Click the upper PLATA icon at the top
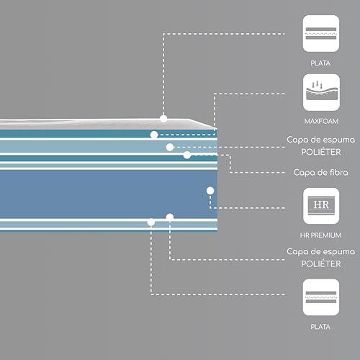tap(321, 33)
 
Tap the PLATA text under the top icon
tap(320, 63)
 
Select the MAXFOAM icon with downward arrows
tap(321, 92)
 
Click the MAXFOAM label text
tap(321, 121)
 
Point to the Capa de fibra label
tap(320, 172)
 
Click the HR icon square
tap(321, 206)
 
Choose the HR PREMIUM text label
tap(320, 235)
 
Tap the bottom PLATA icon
tap(321, 297)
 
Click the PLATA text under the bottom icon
tap(320, 327)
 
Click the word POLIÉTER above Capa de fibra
tap(321, 152)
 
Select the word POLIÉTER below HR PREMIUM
tap(321, 264)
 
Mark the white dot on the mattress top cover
tap(163, 119)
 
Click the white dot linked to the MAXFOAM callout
tap(154, 135)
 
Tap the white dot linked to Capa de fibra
tap(187, 155)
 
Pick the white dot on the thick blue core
tap(210, 191)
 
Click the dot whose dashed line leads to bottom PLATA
tap(151, 222)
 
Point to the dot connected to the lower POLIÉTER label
tap(170, 217)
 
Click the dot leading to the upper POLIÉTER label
tap(170, 147)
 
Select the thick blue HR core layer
tap(109, 194)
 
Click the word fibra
tap(338, 172)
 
